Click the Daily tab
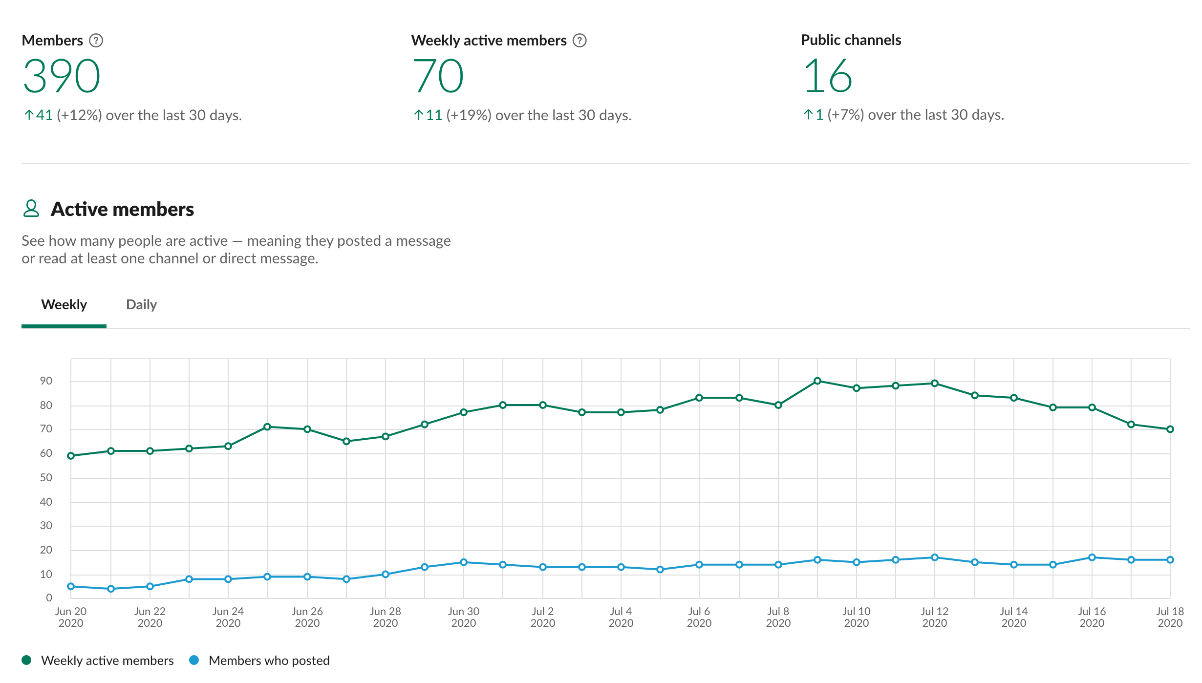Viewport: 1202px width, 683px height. click(141, 305)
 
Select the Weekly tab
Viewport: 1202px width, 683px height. click(64, 305)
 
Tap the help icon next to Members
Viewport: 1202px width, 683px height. click(96, 41)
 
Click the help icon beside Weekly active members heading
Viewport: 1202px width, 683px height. click(580, 41)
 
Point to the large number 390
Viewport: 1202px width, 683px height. click(62, 76)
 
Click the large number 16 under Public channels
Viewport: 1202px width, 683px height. click(828, 76)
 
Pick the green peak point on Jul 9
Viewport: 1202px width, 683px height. click(817, 381)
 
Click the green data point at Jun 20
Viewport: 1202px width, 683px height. click(71, 456)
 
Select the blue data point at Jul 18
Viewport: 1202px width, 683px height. click(1170, 560)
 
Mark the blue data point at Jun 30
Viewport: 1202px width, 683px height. click(464, 562)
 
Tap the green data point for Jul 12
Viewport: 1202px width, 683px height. click(935, 384)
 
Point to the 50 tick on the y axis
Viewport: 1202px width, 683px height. click(46, 478)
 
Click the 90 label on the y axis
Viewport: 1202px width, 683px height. click(46, 381)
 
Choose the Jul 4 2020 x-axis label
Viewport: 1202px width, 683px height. click(621, 617)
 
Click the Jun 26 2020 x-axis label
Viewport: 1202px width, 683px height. click(307, 617)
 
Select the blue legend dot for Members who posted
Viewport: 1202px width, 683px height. click(194, 661)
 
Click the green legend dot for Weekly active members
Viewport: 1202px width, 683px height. click(27, 661)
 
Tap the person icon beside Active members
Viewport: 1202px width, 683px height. click(31, 209)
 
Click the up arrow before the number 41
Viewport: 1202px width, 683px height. click(29, 115)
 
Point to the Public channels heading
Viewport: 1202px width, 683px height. click(851, 40)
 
